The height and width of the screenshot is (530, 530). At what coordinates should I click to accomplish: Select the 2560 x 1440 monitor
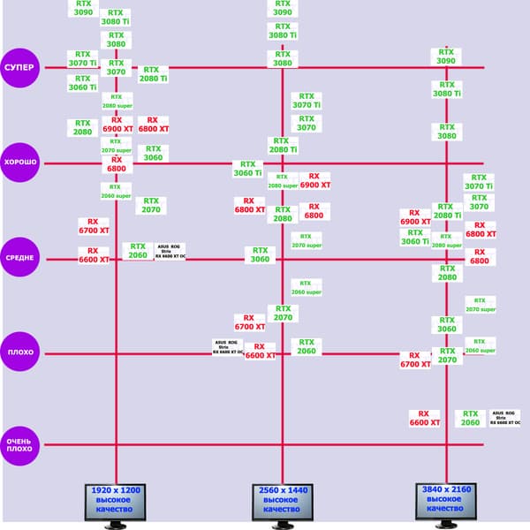click(x=281, y=503)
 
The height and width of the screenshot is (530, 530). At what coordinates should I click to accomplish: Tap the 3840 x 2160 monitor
click(x=445, y=503)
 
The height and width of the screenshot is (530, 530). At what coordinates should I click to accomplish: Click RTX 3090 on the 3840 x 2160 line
click(x=447, y=56)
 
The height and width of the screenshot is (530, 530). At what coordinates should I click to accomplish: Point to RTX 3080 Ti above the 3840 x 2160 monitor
click(x=447, y=89)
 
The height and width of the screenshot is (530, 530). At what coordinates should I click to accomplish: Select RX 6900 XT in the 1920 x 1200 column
click(x=117, y=125)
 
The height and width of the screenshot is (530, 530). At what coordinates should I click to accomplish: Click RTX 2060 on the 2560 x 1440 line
click(x=307, y=346)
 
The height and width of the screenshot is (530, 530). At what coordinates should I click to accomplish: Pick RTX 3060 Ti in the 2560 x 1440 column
click(x=247, y=168)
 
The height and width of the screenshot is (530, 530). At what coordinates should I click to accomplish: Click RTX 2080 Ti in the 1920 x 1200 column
click(x=152, y=73)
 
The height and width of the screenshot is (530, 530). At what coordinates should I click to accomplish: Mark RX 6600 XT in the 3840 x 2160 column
click(x=424, y=417)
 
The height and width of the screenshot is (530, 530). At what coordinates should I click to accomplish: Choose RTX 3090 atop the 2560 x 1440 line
click(x=281, y=8)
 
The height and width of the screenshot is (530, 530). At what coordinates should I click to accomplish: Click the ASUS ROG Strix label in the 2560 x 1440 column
click(x=227, y=346)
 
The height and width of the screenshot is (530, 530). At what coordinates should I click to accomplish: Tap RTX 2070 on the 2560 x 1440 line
click(x=283, y=313)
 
